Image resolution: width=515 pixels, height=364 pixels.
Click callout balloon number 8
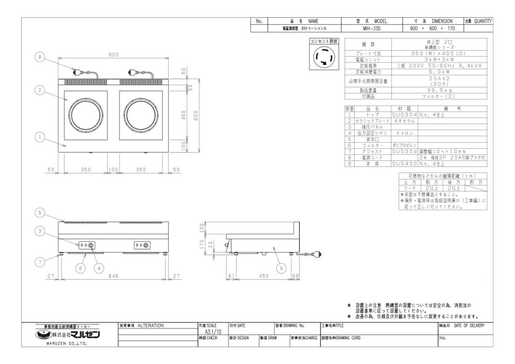(41, 58)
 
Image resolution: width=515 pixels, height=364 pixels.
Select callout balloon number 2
(41, 90)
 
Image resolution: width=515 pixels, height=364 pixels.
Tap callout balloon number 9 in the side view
(281, 267)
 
